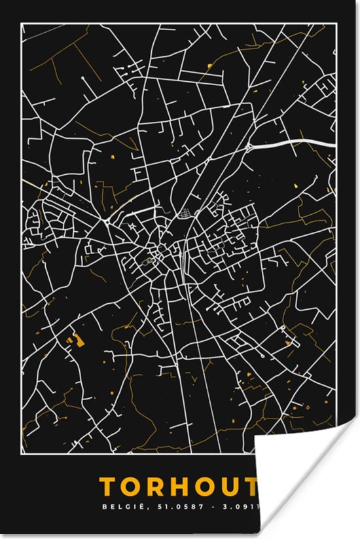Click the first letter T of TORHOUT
coord(109,487)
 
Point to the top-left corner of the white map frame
coord(21,23)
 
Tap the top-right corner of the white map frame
coord(337,23)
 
